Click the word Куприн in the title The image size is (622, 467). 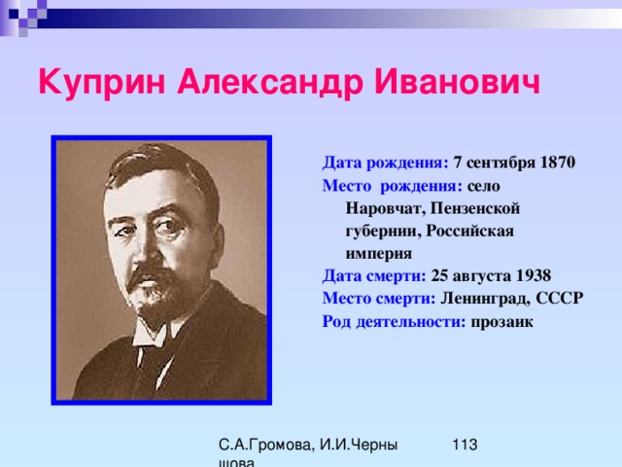tap(101, 83)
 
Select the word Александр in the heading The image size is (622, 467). tap(270, 83)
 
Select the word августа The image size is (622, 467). tap(482, 276)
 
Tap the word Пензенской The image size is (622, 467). tap(475, 208)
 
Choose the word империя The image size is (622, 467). tap(379, 254)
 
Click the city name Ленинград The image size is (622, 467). tap(485, 299)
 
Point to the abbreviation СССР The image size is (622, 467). tap(560, 299)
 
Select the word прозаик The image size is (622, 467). tap(501, 322)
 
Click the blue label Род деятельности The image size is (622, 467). tap(394, 322)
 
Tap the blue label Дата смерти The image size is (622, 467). tap(374, 276)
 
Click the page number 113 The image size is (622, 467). tap(465, 445)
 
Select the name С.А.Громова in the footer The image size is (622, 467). tap(267, 446)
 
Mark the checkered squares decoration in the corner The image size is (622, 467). tap(23, 16)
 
